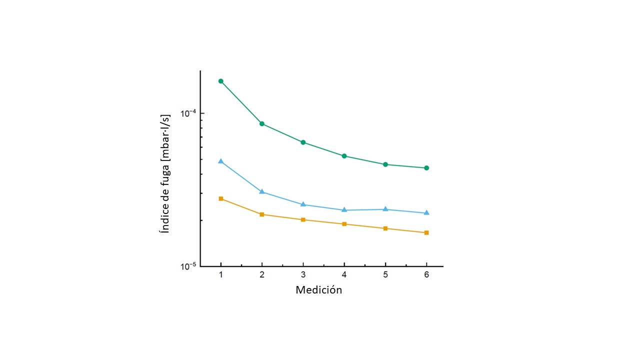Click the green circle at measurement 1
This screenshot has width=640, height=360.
click(220, 81)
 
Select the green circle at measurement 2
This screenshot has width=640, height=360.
click(262, 123)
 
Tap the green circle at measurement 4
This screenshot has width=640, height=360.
click(344, 156)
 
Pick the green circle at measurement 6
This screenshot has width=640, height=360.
click(426, 168)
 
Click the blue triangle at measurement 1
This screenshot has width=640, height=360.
click(220, 161)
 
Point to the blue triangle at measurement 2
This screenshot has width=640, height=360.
click(262, 192)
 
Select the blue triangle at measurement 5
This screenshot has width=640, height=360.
click(385, 209)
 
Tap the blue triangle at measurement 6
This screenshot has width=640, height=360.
click(426, 213)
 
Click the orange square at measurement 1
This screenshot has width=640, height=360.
click(220, 198)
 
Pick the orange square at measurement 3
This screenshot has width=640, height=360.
click(303, 220)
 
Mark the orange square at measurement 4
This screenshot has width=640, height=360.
click(344, 224)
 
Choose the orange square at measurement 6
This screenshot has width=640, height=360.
click(426, 232)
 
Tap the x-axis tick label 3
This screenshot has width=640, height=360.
click(303, 275)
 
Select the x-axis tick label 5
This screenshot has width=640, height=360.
click(385, 275)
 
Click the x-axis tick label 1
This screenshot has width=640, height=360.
click(220, 275)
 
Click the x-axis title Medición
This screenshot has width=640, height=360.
click(318, 290)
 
